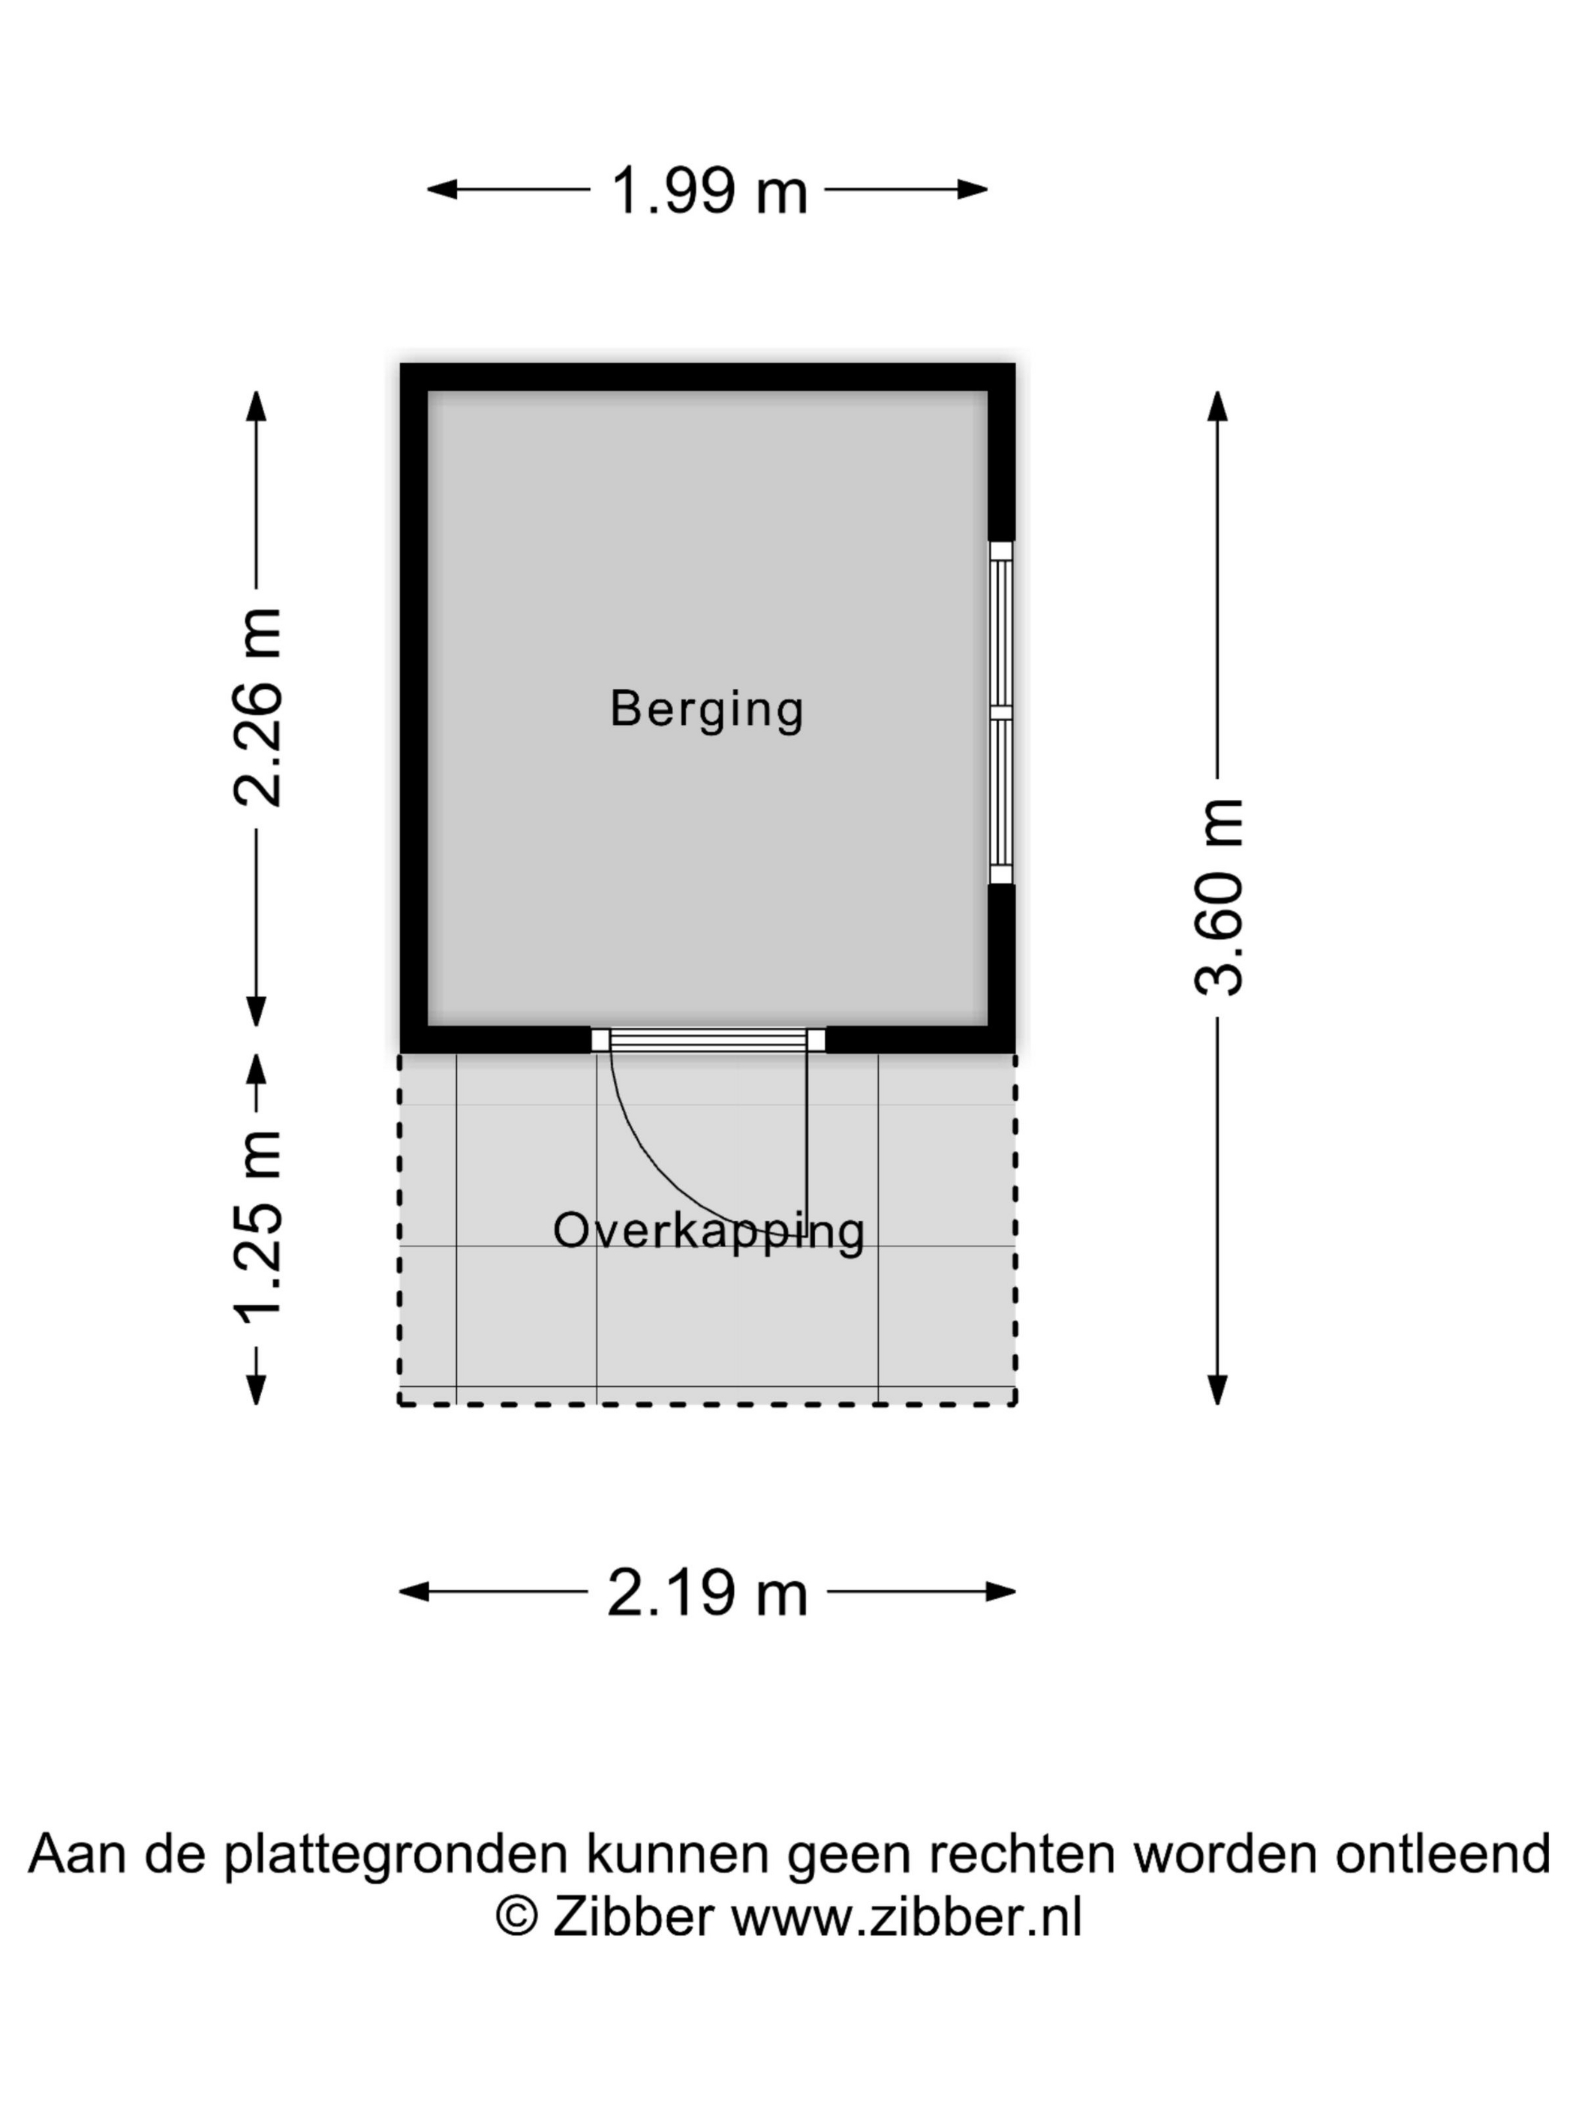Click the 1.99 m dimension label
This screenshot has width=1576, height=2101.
point(708,190)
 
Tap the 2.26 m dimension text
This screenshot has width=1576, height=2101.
point(257,708)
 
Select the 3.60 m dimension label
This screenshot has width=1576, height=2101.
point(1219,897)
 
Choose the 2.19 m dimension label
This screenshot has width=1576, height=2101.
point(708,1593)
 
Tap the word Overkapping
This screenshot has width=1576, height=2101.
point(708,1233)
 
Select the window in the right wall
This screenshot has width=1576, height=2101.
point(1001,712)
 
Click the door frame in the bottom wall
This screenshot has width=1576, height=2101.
point(708,1040)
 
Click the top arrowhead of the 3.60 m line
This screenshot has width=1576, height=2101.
point(1218,406)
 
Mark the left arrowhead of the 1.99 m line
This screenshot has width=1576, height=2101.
point(442,190)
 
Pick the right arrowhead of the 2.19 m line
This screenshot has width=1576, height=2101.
point(1001,1592)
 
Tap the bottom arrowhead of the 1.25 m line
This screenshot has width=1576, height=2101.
point(257,1390)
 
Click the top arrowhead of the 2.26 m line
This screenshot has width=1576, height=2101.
point(257,406)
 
